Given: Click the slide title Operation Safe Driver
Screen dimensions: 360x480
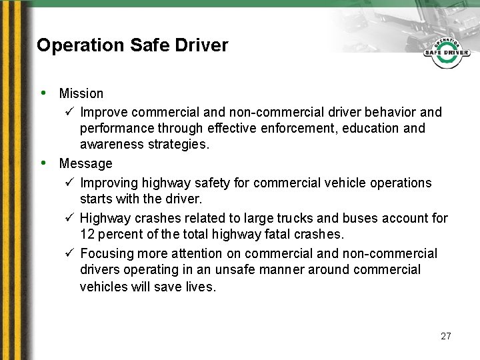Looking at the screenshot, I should coord(132,45).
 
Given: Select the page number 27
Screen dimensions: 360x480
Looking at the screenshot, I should coord(446,336).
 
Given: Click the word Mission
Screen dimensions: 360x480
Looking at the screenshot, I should coord(81,93).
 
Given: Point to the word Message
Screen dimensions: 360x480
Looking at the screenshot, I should coord(85,163).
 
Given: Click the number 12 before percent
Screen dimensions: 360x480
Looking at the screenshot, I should coord(87,235).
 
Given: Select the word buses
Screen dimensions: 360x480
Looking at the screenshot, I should coord(361,218).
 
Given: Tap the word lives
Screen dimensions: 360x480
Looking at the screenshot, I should coord(203,287).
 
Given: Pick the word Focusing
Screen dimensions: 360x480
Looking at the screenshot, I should coord(109,253).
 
